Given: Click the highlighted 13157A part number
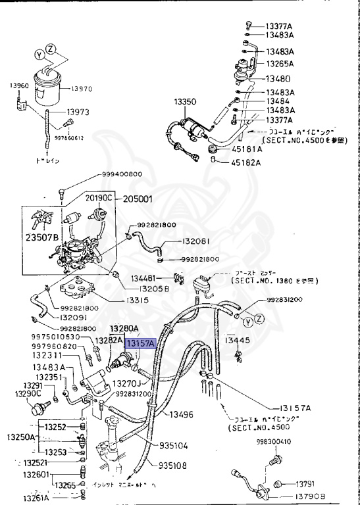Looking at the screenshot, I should click(x=141, y=343).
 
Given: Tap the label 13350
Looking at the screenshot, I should click(x=185, y=103).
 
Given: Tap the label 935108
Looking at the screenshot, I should click(x=173, y=466).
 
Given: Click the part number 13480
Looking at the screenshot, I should click(x=277, y=78).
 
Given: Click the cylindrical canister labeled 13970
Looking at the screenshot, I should click(x=49, y=87).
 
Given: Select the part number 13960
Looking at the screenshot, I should click(x=19, y=85).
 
